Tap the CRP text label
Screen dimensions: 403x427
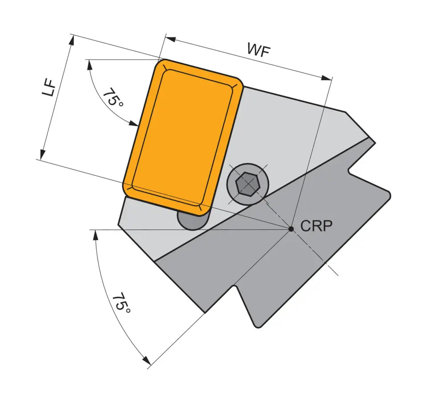(316, 226)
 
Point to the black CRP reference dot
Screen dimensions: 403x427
(291, 229)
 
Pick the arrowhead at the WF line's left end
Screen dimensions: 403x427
(169, 39)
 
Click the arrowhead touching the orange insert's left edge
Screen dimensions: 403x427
(134, 124)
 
